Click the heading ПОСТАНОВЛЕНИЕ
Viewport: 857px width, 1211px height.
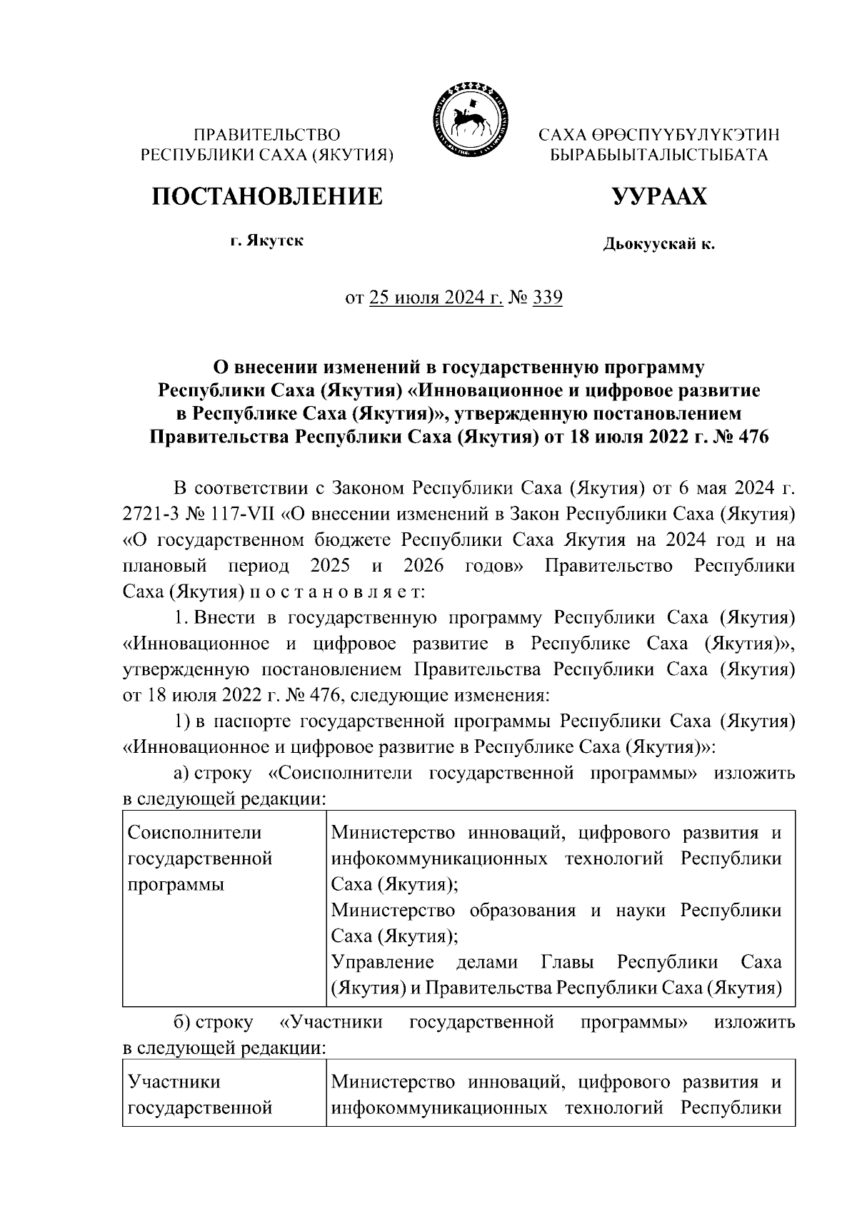click(266, 196)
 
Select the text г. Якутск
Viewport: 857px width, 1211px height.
click(266, 240)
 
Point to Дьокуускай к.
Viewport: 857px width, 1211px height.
click(658, 245)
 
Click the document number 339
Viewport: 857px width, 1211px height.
click(548, 298)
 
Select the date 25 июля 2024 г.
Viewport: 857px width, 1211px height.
click(436, 298)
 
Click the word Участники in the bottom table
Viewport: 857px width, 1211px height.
click(174, 1082)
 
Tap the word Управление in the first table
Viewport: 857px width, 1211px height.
click(383, 962)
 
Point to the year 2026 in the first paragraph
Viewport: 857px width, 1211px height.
click(424, 566)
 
